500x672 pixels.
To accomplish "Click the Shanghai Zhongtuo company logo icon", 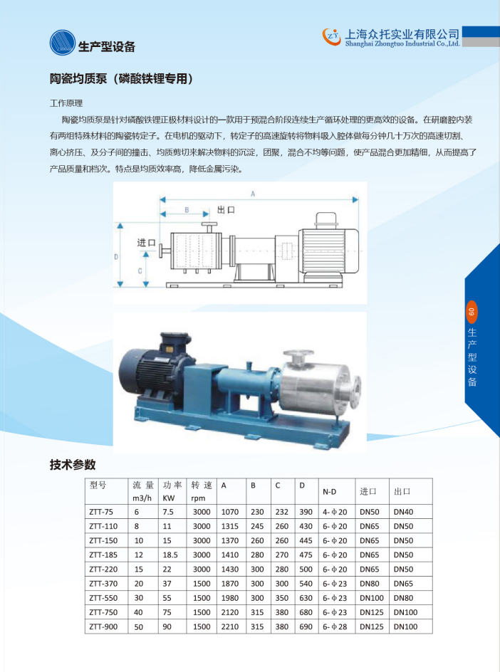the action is [x=331, y=36].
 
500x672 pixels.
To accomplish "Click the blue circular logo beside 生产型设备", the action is [x=63, y=43].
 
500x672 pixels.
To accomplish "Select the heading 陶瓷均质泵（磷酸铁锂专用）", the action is [x=121, y=78].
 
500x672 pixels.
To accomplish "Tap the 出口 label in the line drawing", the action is [x=226, y=209].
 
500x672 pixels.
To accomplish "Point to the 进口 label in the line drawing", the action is [x=146, y=243].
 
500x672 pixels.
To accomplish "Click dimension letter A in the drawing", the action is [x=253, y=194].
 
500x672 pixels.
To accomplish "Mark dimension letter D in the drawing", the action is [x=116, y=257].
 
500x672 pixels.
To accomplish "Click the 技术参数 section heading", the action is [x=73, y=465].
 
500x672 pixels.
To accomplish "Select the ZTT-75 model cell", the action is [x=101, y=512].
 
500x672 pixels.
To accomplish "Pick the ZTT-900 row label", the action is [x=103, y=626].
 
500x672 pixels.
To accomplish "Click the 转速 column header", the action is [x=202, y=485].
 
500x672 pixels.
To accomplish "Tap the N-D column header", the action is [x=329, y=492].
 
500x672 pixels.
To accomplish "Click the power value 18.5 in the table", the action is [x=170, y=555].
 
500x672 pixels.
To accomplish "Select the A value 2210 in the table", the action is [x=230, y=626].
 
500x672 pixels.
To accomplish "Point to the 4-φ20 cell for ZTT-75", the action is [x=335, y=512].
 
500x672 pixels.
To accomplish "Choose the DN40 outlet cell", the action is [x=404, y=512].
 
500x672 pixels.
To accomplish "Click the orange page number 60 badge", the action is [x=472, y=312].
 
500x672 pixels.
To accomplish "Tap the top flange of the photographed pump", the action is [x=298, y=354].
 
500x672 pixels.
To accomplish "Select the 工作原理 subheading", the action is [x=66, y=103].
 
